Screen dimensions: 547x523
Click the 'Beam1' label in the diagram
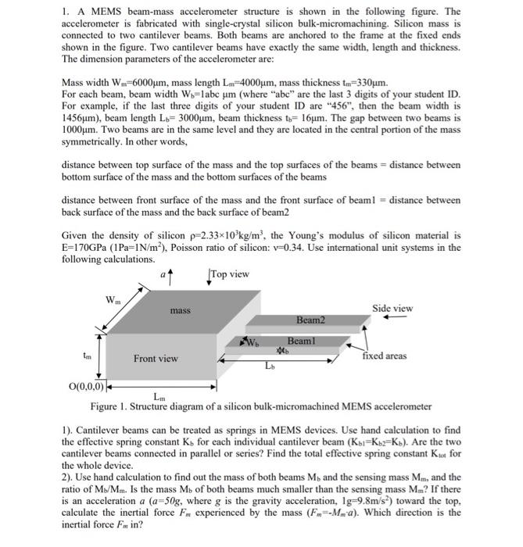(300, 341)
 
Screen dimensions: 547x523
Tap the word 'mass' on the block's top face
(180, 310)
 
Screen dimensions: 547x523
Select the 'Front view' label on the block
(155, 359)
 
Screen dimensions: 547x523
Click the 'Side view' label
(392, 308)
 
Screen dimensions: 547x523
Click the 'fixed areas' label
(384, 356)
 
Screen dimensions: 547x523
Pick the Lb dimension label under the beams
(270, 366)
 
